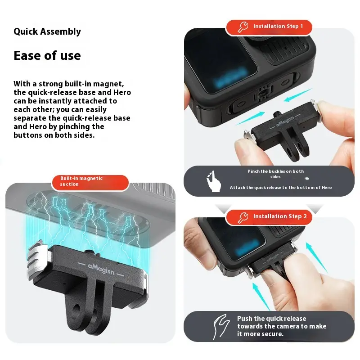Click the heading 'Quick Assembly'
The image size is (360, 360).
click(47, 31)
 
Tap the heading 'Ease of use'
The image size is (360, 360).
click(47, 55)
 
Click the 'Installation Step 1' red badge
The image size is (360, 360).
click(269, 27)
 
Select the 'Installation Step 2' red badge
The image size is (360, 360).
click(269, 217)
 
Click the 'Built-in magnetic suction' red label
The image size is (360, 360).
click(90, 182)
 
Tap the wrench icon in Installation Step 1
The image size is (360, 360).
click(243, 27)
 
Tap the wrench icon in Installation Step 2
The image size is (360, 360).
click(243, 217)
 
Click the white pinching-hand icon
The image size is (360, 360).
click(213, 181)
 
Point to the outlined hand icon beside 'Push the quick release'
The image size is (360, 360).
click(221, 327)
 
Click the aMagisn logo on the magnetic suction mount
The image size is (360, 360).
click(101, 269)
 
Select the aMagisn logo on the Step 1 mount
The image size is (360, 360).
click(285, 121)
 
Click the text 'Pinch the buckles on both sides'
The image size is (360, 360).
click(275, 174)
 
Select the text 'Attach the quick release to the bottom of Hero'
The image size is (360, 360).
click(281, 188)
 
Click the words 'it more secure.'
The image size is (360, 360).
click(260, 334)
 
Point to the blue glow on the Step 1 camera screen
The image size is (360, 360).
click(230, 77)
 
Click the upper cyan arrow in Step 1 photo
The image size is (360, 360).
click(298, 95)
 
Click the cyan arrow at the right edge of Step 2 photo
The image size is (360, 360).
click(317, 257)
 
